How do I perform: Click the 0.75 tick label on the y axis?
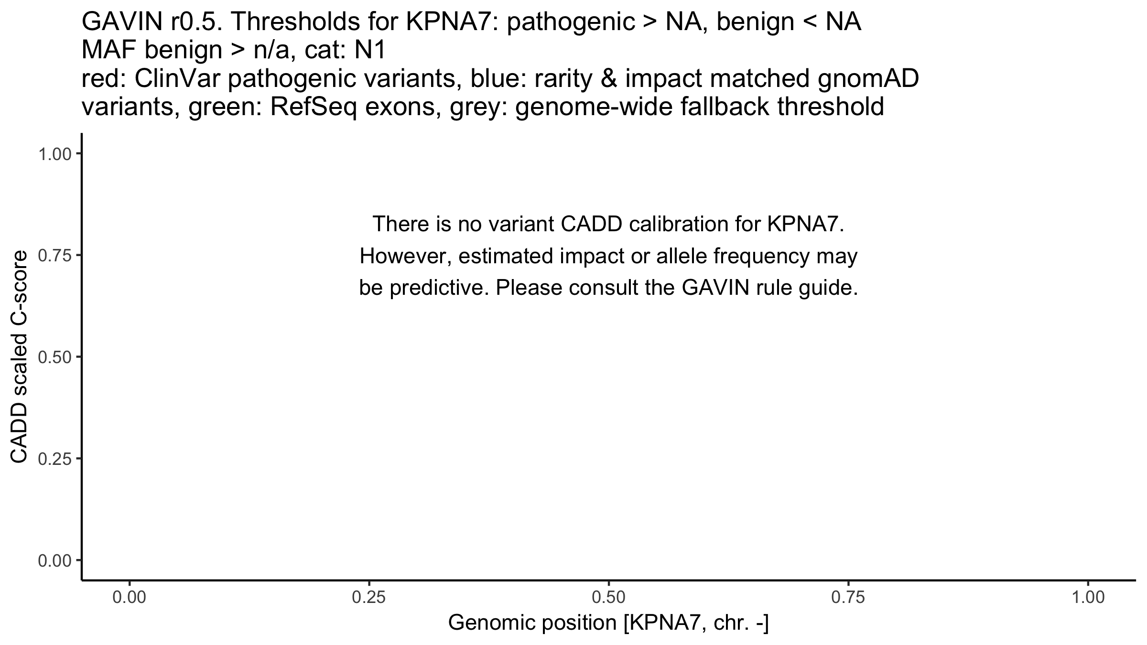tap(54, 256)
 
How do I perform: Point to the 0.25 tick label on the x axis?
tap(369, 599)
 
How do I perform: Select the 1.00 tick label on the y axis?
tap(54, 154)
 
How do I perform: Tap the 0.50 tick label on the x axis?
tap(608, 599)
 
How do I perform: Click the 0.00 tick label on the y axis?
tap(54, 560)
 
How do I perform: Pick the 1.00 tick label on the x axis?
tap(1088, 599)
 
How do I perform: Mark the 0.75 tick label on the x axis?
tap(848, 599)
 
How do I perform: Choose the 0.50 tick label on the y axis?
tap(54, 357)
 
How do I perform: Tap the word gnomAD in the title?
tap(868, 79)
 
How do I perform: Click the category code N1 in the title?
tap(369, 51)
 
